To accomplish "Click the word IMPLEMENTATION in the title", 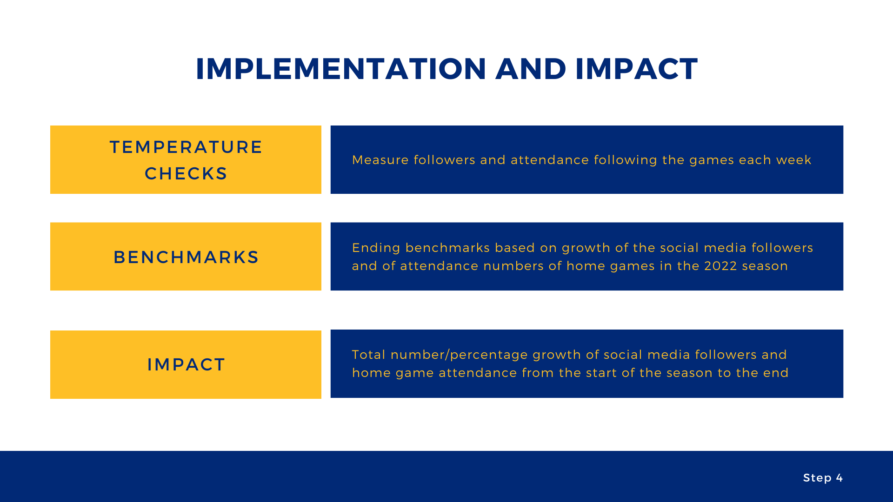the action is tap(341, 69).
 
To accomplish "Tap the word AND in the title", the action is tap(531, 69).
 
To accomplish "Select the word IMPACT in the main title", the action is tap(636, 69).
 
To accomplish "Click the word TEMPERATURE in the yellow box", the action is tap(186, 147).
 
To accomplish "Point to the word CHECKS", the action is tap(186, 173).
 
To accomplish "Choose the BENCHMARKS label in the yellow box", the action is tap(186, 257).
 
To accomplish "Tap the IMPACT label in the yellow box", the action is tap(186, 364).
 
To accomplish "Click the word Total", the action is tap(369, 355).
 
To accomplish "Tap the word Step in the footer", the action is tap(817, 478).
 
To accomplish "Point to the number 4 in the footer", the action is tap(840, 478).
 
